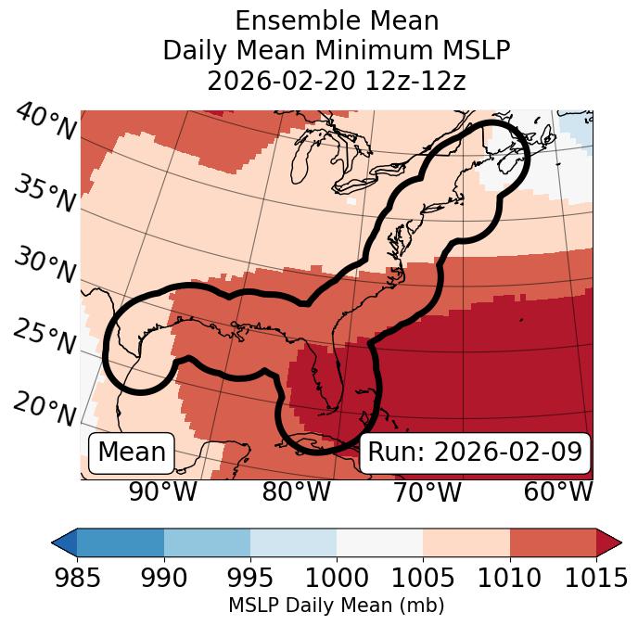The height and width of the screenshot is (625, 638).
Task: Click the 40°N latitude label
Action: pyautogui.click(x=45, y=123)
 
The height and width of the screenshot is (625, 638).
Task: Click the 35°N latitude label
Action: pyautogui.click(x=45, y=193)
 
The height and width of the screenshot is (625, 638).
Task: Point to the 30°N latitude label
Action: pyautogui.click(x=45, y=265)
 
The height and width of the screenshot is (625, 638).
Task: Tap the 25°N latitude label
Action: pyautogui.click(x=45, y=338)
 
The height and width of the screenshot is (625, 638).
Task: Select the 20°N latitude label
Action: pyautogui.click(x=45, y=407)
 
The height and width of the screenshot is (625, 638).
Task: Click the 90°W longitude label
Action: pyautogui.click(x=163, y=492)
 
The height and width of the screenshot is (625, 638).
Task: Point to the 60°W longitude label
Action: pyautogui.click(x=558, y=492)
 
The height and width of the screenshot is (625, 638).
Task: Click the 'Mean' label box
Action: pyautogui.click(x=132, y=453)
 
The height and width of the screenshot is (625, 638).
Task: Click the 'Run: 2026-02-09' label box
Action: pyautogui.click(x=475, y=453)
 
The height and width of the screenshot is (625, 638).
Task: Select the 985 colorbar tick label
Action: pyautogui.click(x=77, y=579)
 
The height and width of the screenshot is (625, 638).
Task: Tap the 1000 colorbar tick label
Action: pyautogui.click(x=337, y=579)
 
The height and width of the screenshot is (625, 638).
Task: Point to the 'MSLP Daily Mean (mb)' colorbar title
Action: pyautogui.click(x=336, y=606)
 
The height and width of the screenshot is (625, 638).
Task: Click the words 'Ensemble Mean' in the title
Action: pyautogui.click(x=336, y=20)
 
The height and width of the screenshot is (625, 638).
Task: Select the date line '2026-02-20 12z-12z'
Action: pyautogui.click(x=336, y=81)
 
